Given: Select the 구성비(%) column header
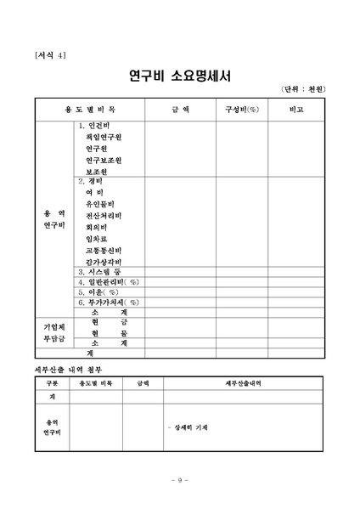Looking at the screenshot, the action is pyautogui.click(x=242, y=110).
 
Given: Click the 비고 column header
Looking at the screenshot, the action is pyautogui.click(x=296, y=110).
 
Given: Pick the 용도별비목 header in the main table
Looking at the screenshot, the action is pyautogui.click(x=90, y=110).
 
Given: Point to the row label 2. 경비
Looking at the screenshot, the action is pyautogui.click(x=90, y=181).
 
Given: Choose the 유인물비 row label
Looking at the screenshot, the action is pyautogui.click(x=99, y=204).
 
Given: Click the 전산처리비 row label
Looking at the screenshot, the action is pyautogui.click(x=103, y=216).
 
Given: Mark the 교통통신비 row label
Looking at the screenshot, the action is pyautogui.click(x=103, y=250).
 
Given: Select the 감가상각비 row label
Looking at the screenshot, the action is pyautogui.click(x=103, y=262).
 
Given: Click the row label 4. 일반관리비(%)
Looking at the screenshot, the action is pyautogui.click(x=108, y=280).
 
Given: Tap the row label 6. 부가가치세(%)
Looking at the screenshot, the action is pyautogui.click(x=108, y=302).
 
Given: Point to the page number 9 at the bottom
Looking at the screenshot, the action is pyautogui.click(x=179, y=480).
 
